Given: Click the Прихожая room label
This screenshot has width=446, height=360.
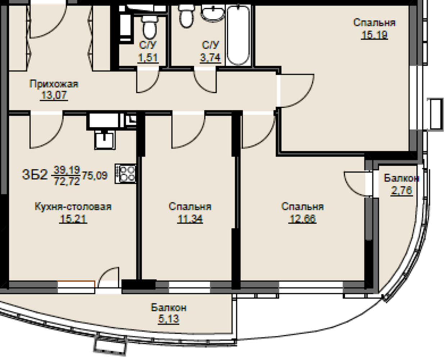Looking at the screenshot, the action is point(54,84).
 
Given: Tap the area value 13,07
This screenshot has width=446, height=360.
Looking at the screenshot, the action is point(54,95).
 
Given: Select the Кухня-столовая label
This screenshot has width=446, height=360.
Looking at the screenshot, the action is point(73,207).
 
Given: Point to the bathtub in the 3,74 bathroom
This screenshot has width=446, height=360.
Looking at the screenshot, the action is point(238,35).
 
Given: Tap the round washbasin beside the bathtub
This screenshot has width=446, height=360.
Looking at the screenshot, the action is point(213,13).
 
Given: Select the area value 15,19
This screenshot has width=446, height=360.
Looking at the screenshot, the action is point(374,35).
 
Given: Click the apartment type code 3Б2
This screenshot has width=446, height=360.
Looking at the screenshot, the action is point(35,175).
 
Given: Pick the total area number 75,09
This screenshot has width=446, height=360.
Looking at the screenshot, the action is point(95,176).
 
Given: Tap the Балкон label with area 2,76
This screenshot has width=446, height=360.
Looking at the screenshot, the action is point(401,178).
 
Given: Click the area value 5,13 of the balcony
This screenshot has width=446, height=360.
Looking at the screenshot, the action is point(168,319).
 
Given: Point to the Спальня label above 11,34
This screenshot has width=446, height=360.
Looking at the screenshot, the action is point(190,207).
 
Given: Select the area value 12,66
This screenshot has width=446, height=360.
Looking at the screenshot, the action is point(302,219).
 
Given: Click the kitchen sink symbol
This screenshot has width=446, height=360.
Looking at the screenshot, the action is point(105,140).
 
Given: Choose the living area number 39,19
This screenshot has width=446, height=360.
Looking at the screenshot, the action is point(67,170).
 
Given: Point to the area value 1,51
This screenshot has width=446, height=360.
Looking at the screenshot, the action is point(148,58).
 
